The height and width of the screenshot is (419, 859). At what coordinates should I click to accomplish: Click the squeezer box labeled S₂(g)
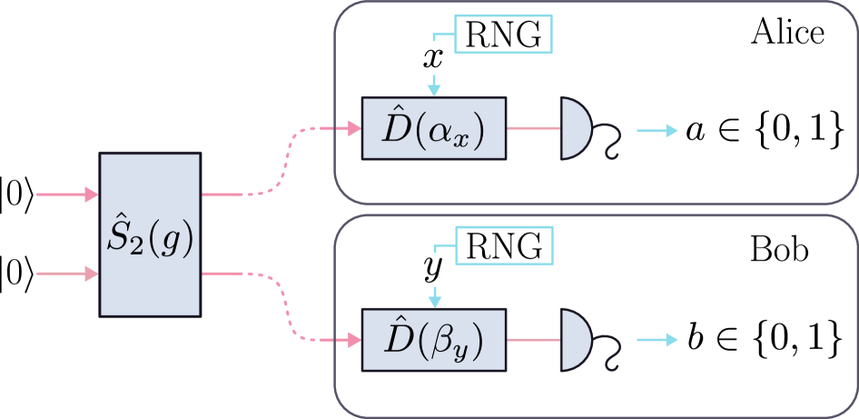pyautogui.click(x=150, y=234)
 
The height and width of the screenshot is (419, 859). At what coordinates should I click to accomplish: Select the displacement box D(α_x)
pyautogui.click(x=433, y=128)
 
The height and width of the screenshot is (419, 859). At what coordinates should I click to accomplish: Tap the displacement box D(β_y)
pyautogui.click(x=433, y=340)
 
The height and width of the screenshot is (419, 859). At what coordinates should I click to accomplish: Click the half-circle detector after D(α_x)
pyautogui.click(x=575, y=128)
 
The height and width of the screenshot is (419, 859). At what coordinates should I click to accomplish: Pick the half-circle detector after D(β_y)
pyautogui.click(x=575, y=340)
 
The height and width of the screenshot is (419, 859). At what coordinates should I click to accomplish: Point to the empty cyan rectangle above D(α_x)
pyautogui.click(x=502, y=35)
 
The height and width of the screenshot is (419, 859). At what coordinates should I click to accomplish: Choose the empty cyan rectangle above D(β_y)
pyautogui.click(x=503, y=245)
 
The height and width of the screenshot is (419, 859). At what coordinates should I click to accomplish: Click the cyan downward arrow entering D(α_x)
pyautogui.click(x=434, y=85)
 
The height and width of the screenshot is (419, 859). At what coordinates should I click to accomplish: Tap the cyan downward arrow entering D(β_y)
pyautogui.click(x=435, y=296)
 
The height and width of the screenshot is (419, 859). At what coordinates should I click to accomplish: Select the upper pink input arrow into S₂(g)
pyautogui.click(x=66, y=195)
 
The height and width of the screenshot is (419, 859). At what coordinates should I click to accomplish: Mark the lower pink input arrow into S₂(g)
pyautogui.click(x=66, y=273)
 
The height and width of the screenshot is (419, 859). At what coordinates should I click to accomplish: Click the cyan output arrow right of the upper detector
pyautogui.click(x=657, y=131)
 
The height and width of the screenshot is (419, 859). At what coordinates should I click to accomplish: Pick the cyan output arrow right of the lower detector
pyautogui.click(x=657, y=340)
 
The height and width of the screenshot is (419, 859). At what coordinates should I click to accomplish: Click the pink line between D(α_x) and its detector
pyautogui.click(x=533, y=128)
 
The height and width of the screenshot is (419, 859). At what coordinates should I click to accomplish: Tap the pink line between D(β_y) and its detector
pyautogui.click(x=533, y=340)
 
